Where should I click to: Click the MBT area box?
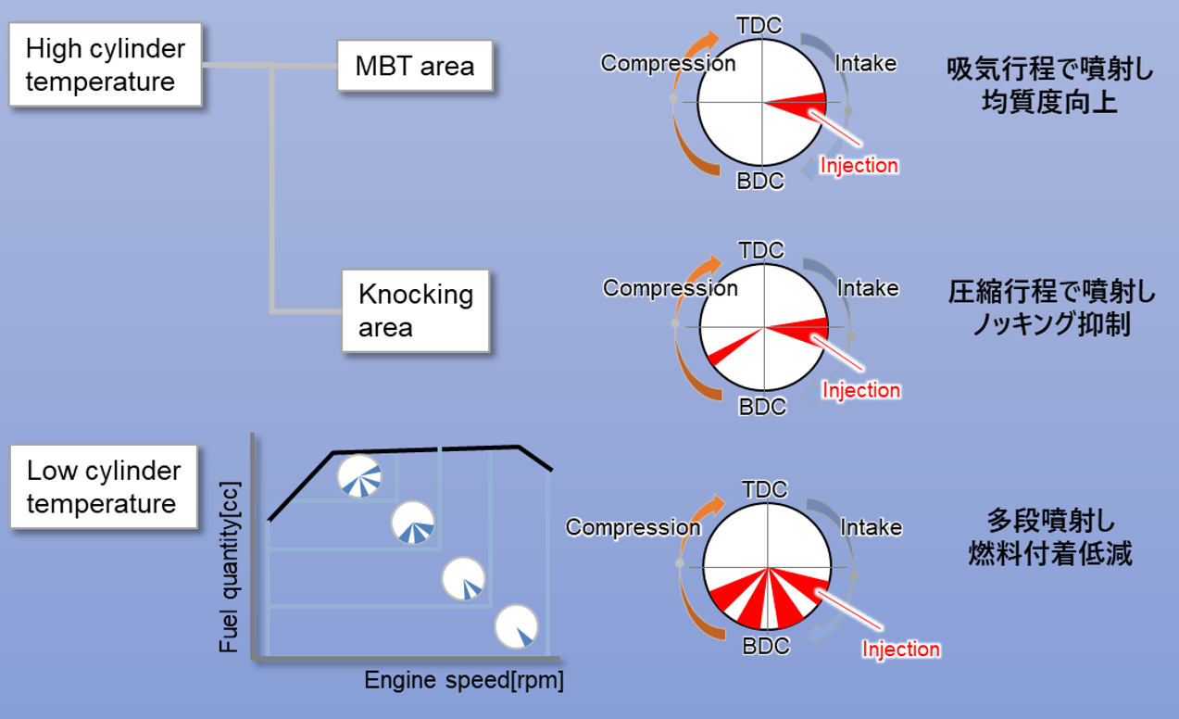pyautogui.click(x=414, y=66)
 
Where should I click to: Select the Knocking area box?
pyautogui.click(x=415, y=311)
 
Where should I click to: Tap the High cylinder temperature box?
pyautogui.click(x=105, y=65)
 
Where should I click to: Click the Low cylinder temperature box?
pyautogui.click(x=104, y=487)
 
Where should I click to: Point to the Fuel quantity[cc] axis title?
pyautogui.click(x=229, y=567)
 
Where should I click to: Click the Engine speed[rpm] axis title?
pyautogui.click(x=463, y=681)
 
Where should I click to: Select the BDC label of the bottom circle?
pyautogui.click(x=767, y=646)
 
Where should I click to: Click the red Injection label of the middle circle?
pyautogui.click(x=861, y=390)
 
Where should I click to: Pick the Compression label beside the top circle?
pyautogui.click(x=668, y=63)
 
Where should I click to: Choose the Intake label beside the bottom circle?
pyautogui.click(x=871, y=527)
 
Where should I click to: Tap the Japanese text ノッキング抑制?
pyautogui.click(x=1050, y=325)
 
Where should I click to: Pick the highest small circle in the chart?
pyautogui.click(x=358, y=475)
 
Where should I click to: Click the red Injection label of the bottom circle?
pyautogui.click(x=900, y=649)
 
